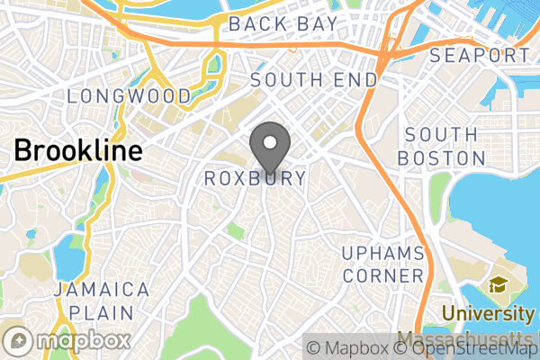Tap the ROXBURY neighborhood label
tap(256, 178)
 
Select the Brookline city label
tap(77, 150)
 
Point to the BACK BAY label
tap(283, 24)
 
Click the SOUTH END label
tap(314, 79)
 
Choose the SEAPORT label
tap(480, 56)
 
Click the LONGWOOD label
tap(129, 95)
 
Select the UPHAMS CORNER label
tap(382, 263)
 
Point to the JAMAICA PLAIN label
tap(100, 301)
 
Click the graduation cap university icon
tap(497, 286)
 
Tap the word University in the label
tap(489, 314)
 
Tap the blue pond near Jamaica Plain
tap(67, 257)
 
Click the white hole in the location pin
tap(269, 140)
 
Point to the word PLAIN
tap(101, 313)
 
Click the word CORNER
tap(382, 275)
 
